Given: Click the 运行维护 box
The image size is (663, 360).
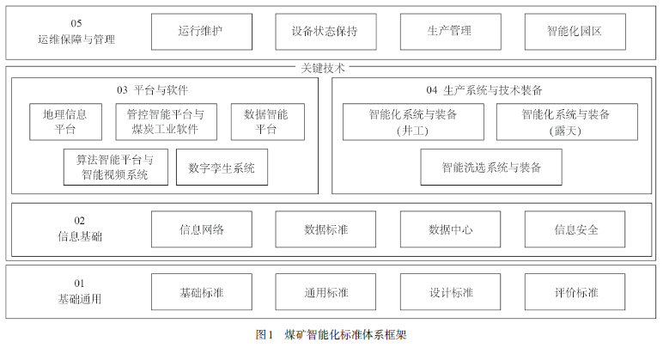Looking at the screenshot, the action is (202, 32).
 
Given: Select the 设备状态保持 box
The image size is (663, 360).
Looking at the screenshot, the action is (325, 32).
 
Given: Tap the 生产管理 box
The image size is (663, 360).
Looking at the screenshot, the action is (450, 32).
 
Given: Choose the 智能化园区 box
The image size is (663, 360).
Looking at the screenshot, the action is (575, 32).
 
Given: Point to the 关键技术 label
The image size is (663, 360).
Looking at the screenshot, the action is (323, 68).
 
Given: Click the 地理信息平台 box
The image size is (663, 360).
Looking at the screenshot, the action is (65, 122).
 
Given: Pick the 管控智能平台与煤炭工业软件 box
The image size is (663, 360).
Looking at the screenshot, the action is (166, 122).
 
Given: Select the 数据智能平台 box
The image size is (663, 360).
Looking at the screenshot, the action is (268, 122).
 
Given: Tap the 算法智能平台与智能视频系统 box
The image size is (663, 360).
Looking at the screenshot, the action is (115, 167).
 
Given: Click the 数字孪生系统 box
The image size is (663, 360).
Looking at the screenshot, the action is (222, 167).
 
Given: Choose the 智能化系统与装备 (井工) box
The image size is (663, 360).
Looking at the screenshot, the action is (413, 122).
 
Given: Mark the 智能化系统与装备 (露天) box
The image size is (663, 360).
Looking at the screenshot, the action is (567, 122).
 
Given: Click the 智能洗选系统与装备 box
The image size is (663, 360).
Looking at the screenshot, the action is (491, 167).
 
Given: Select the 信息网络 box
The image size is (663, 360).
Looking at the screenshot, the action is (202, 229).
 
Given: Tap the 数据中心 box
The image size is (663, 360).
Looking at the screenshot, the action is (450, 229).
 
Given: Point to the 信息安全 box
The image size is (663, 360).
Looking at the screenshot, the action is (575, 229).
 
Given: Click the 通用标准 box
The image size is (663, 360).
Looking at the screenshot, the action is (325, 292).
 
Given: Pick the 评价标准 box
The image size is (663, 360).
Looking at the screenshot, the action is (575, 292).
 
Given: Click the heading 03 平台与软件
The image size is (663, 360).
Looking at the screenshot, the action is (152, 90).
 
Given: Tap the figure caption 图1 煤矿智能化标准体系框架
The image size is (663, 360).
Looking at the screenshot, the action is (331, 335).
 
